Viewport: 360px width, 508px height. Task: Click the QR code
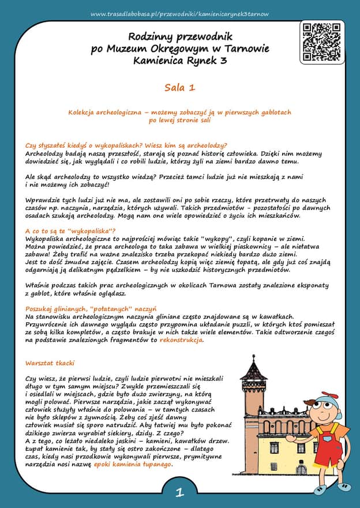[x=322, y=42]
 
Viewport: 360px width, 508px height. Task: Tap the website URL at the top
[x=179, y=13]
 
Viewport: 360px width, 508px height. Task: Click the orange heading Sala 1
[x=179, y=87]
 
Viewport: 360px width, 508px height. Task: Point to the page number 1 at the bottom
[x=179, y=492]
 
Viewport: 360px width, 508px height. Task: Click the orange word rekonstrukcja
[x=181, y=341]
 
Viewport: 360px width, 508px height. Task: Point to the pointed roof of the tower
[x=253, y=369]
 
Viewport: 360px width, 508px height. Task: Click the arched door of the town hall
[x=301, y=469]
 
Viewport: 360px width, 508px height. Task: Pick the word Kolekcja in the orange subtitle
[x=85, y=112]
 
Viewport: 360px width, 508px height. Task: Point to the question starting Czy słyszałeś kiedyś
[x=126, y=145]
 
